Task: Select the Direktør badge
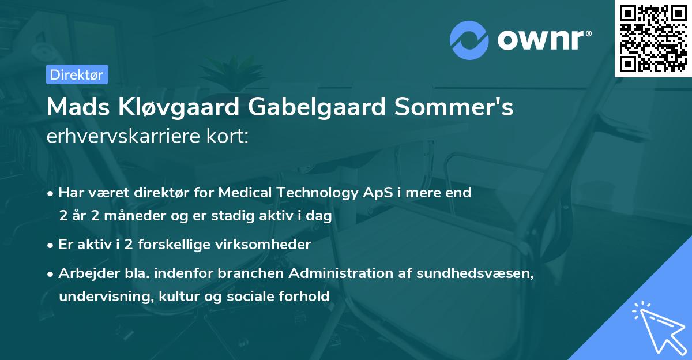coord(77,74)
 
